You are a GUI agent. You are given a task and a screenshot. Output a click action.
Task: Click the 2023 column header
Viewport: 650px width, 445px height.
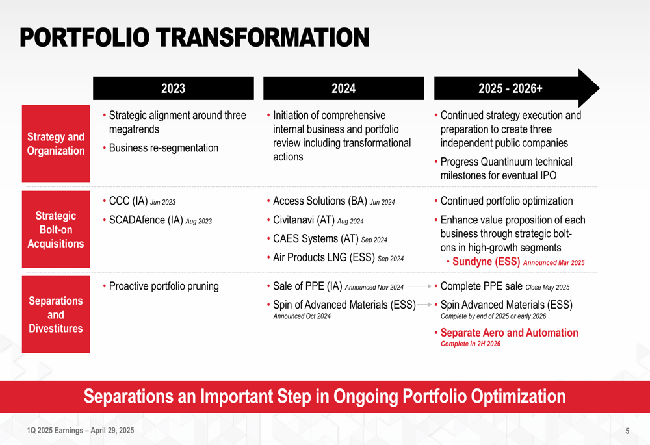coord(174,88)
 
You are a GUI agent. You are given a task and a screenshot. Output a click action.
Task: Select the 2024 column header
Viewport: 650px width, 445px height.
coord(344,88)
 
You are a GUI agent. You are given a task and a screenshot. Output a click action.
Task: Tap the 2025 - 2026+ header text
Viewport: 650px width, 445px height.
coord(510,88)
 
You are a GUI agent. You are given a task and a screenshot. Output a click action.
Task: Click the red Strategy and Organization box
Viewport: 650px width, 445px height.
coord(56,144)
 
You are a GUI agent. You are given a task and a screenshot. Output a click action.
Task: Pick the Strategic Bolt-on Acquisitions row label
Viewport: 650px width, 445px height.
coord(56,229)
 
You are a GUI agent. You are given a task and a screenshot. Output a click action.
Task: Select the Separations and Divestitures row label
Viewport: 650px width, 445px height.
coord(56,314)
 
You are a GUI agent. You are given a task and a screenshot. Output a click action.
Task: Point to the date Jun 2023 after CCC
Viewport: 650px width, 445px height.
coord(163,202)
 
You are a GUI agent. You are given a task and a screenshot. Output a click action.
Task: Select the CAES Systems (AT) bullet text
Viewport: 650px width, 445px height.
coord(315,238)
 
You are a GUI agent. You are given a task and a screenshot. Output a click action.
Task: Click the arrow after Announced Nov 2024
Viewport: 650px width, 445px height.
coord(419,286)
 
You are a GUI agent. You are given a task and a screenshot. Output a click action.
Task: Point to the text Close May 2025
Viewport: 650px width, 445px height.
coord(547,287)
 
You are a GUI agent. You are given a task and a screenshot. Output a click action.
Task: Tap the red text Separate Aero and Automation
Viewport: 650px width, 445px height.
coord(509,333)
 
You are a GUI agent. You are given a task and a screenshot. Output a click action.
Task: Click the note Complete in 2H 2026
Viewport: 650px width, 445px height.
coord(471,344)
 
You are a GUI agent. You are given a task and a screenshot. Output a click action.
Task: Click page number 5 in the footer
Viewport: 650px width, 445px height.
coord(627,431)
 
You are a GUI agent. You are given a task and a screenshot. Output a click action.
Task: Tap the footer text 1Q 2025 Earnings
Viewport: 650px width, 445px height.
coord(55,431)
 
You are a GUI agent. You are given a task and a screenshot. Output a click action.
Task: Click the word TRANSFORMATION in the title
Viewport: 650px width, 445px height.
coord(263,37)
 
